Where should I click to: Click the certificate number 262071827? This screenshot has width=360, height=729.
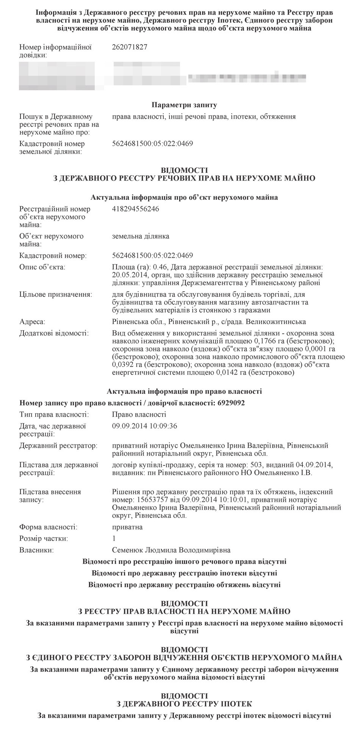[130, 47]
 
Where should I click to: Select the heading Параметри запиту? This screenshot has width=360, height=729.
[184, 105]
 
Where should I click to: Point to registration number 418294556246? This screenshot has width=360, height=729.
[136, 209]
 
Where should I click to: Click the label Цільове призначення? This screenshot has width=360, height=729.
[55, 294]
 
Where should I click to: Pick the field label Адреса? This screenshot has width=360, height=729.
[32, 322]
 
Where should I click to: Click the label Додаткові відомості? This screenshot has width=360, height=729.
[54, 334]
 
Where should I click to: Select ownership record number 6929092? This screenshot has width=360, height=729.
[231, 403]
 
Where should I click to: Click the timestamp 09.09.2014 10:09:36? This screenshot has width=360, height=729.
[145, 426]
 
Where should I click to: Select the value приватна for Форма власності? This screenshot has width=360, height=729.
[127, 527]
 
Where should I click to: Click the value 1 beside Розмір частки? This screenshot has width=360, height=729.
[114, 538]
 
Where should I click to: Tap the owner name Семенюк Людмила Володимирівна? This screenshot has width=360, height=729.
[171, 550]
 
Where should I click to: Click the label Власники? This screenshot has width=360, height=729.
[36, 550]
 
